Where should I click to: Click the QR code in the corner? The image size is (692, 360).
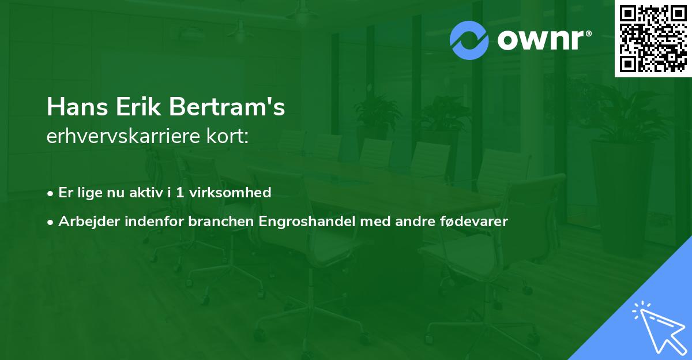[653, 38]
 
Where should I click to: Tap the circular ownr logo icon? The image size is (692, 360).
[469, 40]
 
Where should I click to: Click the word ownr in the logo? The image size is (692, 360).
[539, 40]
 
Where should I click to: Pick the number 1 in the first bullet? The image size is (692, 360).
[180, 192]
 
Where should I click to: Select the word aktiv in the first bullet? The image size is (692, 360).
[146, 192]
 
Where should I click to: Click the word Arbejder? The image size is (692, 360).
[85, 221]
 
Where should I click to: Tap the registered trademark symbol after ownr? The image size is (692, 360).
[588, 33]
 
